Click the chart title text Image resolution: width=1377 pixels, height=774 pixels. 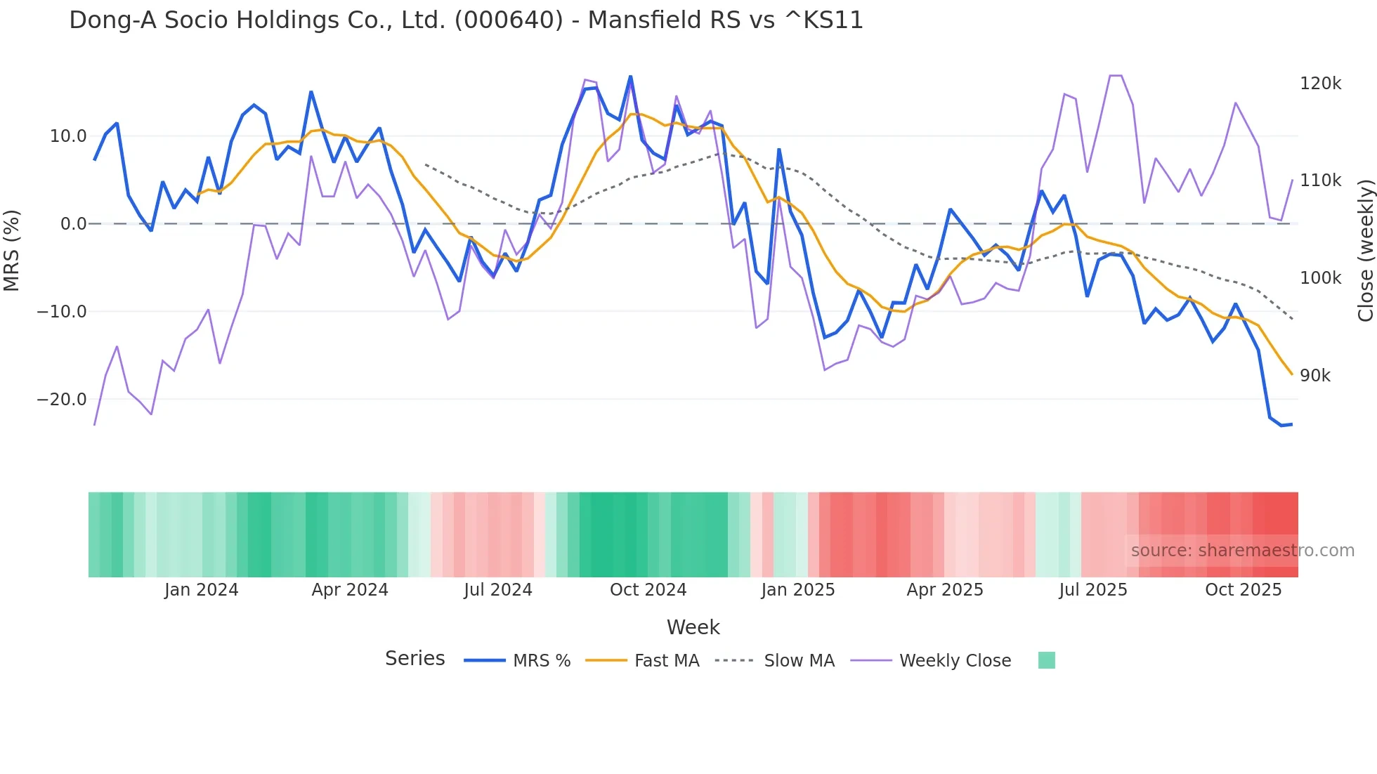(x=466, y=20)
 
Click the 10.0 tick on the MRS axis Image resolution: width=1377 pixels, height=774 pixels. (x=67, y=136)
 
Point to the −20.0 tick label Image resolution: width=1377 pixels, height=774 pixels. (x=62, y=400)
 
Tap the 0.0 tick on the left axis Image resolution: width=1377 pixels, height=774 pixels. (x=73, y=224)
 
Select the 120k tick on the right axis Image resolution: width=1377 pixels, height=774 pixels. (x=1320, y=84)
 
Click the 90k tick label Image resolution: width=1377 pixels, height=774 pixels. (x=1314, y=376)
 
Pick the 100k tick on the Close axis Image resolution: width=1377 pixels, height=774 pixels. (x=1320, y=278)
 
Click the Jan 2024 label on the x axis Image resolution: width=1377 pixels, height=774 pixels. (x=201, y=590)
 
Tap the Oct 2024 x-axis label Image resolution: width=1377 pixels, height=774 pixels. (x=648, y=590)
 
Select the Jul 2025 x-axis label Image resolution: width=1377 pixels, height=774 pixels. (x=1092, y=590)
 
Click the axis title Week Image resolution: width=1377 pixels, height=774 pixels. (x=693, y=627)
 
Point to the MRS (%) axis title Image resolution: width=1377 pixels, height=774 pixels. (x=12, y=251)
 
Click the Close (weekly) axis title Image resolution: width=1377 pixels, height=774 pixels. (x=1365, y=251)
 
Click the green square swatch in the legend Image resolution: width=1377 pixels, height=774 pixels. (x=1046, y=660)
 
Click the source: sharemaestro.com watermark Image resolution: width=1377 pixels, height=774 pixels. (x=1242, y=551)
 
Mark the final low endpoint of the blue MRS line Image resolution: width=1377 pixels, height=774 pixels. (x=1291, y=424)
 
